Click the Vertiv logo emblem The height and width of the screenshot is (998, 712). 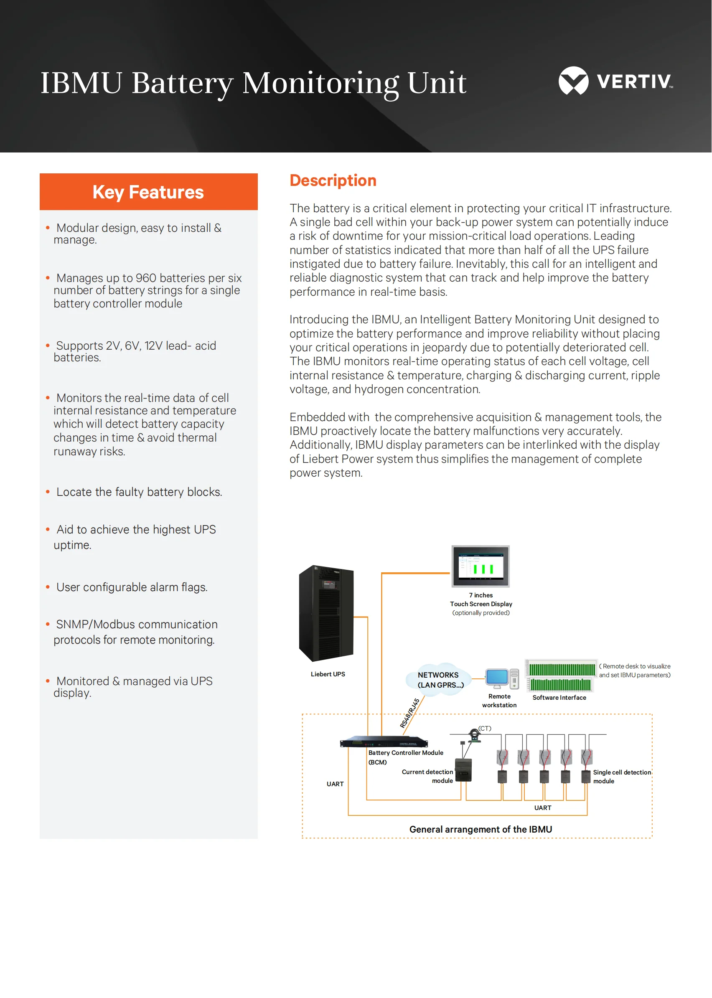tap(573, 81)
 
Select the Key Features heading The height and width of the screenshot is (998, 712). tap(148, 192)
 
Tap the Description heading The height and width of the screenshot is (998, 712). tap(333, 180)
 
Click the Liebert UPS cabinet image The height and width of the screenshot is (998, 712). tap(326, 614)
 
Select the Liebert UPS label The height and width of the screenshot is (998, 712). tap(328, 674)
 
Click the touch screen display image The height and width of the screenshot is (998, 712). tap(481, 566)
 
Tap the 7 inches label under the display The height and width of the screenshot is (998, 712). tap(481, 595)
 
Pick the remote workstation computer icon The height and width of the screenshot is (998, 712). tap(501, 678)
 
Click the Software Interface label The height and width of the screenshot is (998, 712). tap(559, 697)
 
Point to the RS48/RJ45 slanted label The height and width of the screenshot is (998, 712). tap(409, 713)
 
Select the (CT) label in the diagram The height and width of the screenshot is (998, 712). tap(484, 728)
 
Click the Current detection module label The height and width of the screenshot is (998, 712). tap(427, 776)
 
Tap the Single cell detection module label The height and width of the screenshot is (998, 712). tap(621, 776)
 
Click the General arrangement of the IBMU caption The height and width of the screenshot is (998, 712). tap(481, 829)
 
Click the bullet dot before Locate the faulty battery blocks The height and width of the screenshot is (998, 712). tap(48, 492)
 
